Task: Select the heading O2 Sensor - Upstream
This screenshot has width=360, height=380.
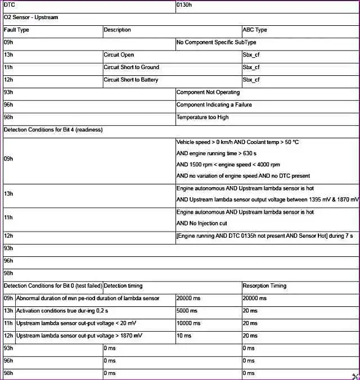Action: [31, 17]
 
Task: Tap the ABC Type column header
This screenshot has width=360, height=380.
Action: [255, 30]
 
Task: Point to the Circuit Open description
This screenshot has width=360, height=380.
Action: [119, 55]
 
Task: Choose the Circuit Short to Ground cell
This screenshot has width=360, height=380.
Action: [131, 67]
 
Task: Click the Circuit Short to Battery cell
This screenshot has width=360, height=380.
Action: [131, 80]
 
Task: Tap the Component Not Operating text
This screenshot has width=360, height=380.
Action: [208, 92]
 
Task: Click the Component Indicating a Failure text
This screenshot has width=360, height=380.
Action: [214, 105]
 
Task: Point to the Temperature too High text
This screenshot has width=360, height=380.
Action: [202, 117]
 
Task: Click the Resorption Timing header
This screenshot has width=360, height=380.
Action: [264, 286]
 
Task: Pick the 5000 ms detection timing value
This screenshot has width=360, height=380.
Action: [187, 311]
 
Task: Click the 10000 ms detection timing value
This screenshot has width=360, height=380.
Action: [188, 323]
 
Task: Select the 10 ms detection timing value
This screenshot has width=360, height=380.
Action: [184, 336]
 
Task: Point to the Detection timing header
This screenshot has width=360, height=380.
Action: [123, 286]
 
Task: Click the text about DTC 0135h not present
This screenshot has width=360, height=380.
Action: [264, 236]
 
